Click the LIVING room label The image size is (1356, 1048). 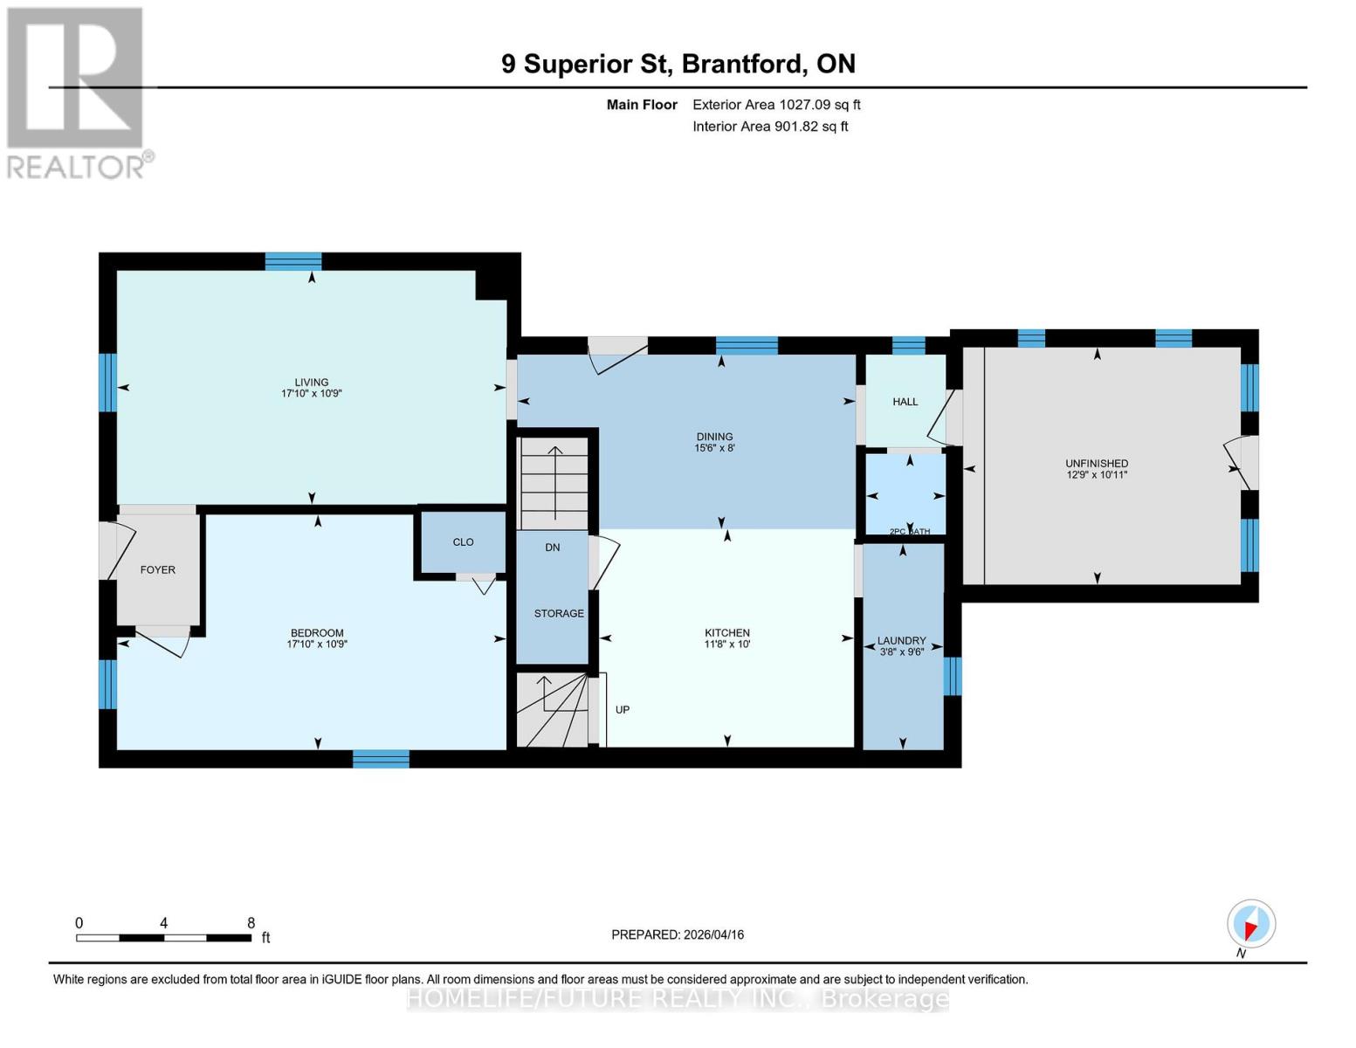coord(311,382)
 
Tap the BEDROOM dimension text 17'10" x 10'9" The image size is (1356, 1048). coord(317,645)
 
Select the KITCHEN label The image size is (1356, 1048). coord(726,632)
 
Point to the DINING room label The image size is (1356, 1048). coord(714,437)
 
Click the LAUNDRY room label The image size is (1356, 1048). coord(901,640)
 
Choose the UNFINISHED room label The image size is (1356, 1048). coord(1097,464)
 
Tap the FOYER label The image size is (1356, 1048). coord(158,569)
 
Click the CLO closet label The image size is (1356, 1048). coord(463,542)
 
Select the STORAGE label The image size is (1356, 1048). coord(559,613)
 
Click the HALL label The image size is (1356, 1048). coord(905,402)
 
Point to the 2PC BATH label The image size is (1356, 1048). coord(909,531)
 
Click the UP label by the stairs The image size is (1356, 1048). coord(623,710)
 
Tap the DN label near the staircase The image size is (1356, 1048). coord(552,548)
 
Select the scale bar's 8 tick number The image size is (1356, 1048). coord(251,923)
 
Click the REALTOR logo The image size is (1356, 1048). coord(77,92)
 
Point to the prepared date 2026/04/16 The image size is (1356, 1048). coord(677,934)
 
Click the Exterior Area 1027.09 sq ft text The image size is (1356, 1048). coord(776,105)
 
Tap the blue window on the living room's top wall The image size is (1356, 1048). coord(293,261)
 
